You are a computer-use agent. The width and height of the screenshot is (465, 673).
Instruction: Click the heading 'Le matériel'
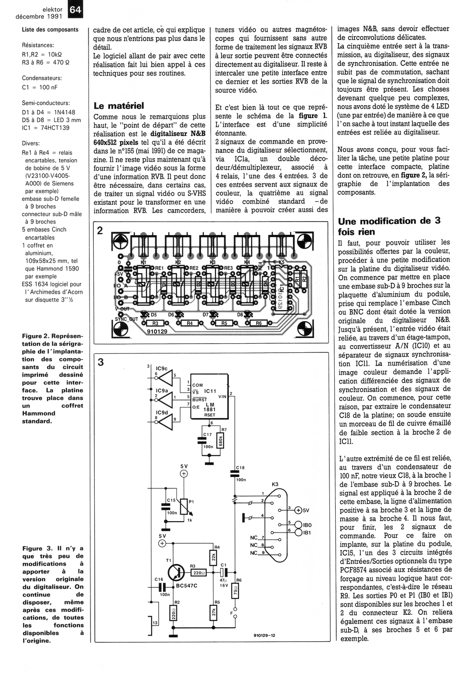point(118,106)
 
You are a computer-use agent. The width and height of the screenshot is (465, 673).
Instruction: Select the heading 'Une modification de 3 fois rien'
point(389,226)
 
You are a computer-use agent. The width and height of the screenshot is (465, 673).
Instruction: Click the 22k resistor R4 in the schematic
point(214,558)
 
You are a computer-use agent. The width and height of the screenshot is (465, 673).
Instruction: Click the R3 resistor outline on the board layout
point(155,323)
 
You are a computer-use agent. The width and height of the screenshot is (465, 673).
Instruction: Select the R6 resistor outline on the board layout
point(258,323)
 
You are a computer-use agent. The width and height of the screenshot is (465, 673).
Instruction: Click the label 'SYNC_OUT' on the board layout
point(126,319)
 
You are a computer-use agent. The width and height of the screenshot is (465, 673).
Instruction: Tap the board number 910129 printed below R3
point(157,331)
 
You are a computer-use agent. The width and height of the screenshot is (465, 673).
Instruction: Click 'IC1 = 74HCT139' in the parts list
point(46,128)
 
